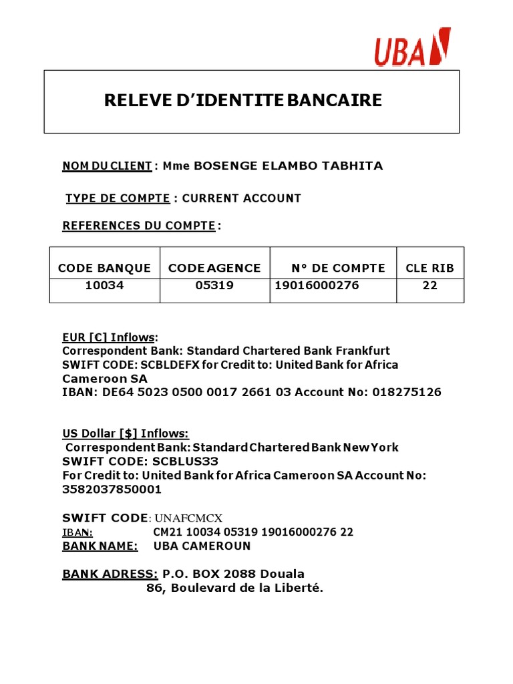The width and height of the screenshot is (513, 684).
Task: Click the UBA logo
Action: click(x=412, y=48)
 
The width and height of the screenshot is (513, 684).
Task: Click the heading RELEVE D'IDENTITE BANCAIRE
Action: click(x=243, y=101)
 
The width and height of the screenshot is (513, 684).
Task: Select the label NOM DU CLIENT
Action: click(x=107, y=166)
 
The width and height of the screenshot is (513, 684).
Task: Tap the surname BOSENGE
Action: click(x=228, y=166)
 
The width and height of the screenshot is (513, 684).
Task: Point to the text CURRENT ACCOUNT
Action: click(x=241, y=198)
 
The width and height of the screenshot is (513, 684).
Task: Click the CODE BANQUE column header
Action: click(x=104, y=268)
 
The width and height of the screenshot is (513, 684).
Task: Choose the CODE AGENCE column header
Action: click(x=214, y=268)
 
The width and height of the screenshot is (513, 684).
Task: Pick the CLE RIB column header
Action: click(x=430, y=268)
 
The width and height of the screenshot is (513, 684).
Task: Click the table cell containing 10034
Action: click(x=104, y=286)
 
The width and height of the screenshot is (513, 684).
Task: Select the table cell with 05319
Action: click(x=214, y=286)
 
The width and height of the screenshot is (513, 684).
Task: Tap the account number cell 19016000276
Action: click(x=317, y=286)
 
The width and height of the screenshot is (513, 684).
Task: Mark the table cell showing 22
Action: click(x=430, y=286)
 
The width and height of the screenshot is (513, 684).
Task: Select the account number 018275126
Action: click(x=408, y=392)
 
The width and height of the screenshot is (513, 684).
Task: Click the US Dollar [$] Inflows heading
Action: click(x=126, y=434)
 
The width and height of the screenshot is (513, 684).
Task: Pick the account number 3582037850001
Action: click(x=112, y=489)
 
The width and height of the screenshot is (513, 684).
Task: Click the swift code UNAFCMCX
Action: click(x=188, y=518)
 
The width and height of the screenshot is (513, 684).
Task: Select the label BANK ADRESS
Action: click(x=110, y=574)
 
